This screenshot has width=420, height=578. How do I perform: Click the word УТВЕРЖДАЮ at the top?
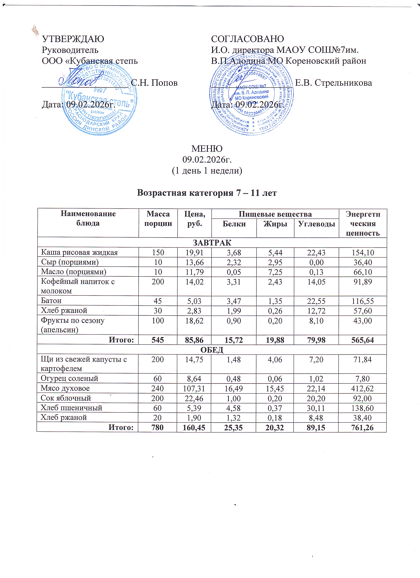pos(73,39)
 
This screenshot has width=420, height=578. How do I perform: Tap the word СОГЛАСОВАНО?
pos(247,39)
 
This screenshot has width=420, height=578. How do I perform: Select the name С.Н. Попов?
pos(154,83)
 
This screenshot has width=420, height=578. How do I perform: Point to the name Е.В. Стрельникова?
pos(333,83)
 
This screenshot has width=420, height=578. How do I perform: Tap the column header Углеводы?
pos(316,224)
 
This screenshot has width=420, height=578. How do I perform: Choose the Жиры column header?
pos(275,224)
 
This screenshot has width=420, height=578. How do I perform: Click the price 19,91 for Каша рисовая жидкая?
pos(195,253)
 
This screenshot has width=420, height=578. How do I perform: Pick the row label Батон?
pos(51,301)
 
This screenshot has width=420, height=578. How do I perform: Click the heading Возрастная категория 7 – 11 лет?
pos(207,193)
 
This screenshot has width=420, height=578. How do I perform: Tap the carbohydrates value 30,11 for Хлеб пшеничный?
pos(316,408)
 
